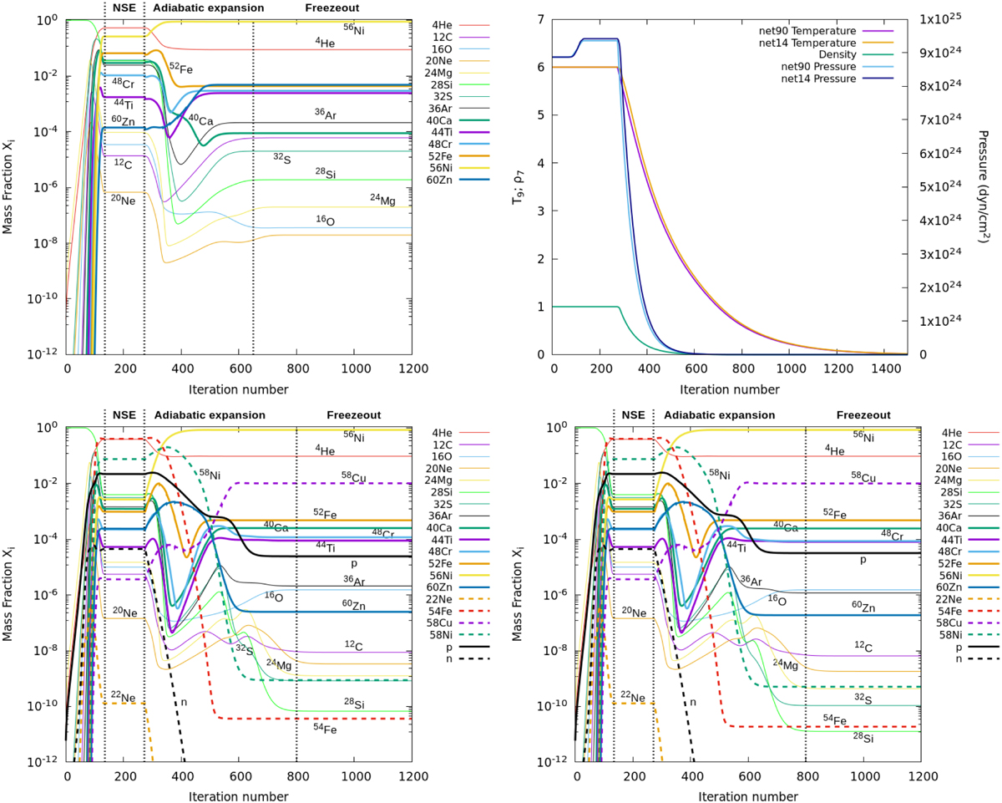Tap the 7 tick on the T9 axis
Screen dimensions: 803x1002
click(x=542, y=19)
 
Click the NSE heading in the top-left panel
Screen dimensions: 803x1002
click(x=124, y=8)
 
